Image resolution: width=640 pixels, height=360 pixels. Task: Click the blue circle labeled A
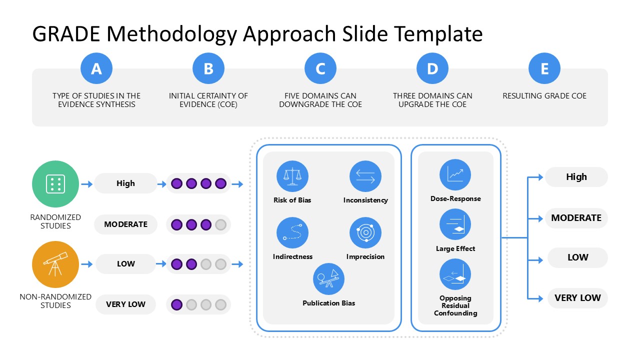pos(96,68)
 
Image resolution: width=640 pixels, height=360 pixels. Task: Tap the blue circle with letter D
pos(432,68)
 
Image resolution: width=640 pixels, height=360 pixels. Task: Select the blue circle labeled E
pos(544,68)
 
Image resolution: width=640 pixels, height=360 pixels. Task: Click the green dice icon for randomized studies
pos(55,184)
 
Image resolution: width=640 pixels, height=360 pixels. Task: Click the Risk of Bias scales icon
pos(292,176)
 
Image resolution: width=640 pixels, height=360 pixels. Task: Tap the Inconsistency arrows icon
pos(365,176)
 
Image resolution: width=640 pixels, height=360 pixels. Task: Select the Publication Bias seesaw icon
pos(328,279)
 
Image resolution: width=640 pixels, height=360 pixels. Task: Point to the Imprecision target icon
pos(365,233)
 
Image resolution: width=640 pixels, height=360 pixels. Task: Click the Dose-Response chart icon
pos(455,174)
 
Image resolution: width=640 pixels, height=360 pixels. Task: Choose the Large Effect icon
pos(455,224)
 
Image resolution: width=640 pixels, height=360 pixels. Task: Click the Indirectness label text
pos(292,256)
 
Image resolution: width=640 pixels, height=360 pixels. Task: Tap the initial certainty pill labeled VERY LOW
pos(125,304)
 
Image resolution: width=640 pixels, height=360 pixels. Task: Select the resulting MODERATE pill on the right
pos(576,218)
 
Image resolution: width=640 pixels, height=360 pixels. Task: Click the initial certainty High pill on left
pos(125,183)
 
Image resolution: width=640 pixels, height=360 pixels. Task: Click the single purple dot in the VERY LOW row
pos(176,304)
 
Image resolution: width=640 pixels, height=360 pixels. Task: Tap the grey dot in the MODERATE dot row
pos(220,224)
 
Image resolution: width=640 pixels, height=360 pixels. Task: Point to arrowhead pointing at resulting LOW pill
pos(540,260)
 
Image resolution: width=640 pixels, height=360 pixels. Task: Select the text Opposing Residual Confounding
pos(455,305)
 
